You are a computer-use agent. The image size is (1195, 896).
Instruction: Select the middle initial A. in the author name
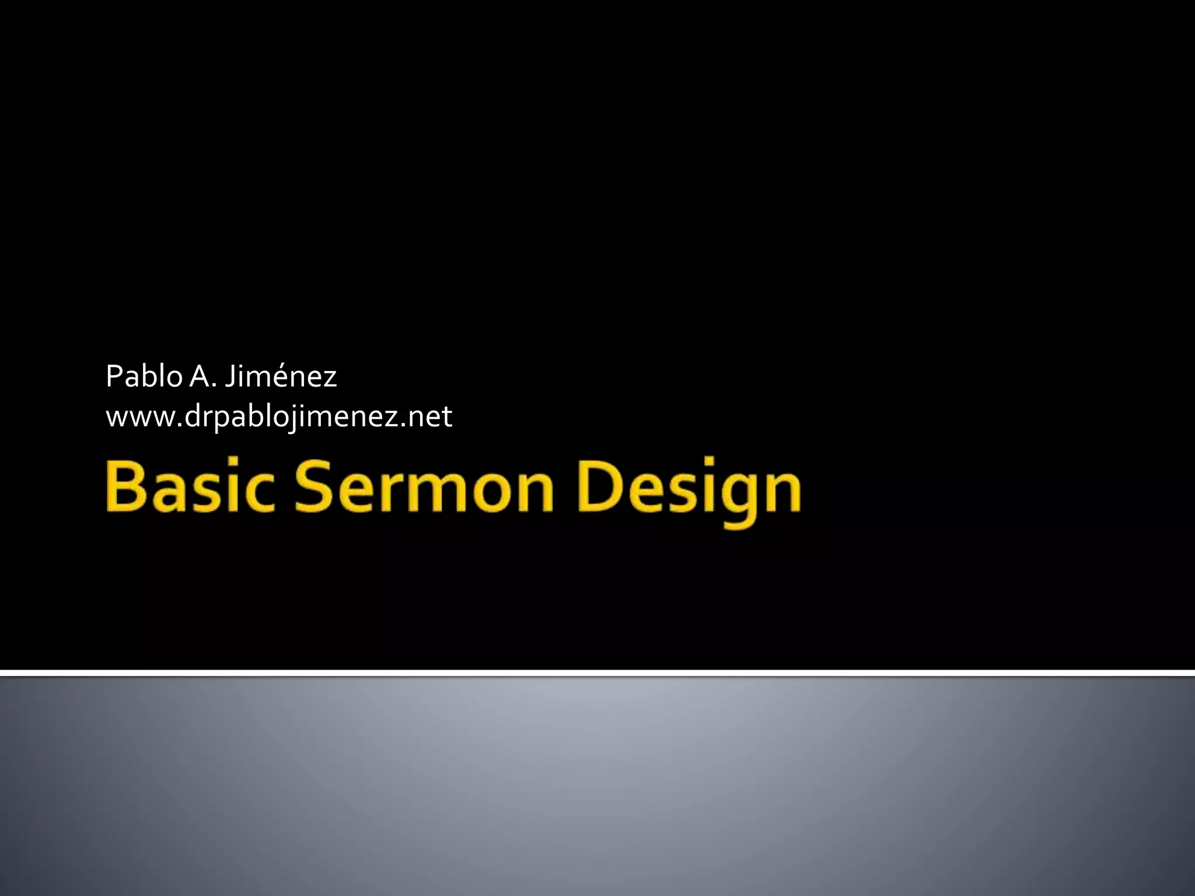coord(203,376)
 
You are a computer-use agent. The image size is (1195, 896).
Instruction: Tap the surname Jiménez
coord(281,376)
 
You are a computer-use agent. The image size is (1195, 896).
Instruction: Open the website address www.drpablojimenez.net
coord(279,416)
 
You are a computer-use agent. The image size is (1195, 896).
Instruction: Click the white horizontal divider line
coord(597,673)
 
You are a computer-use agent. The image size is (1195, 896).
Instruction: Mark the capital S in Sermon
coord(316,485)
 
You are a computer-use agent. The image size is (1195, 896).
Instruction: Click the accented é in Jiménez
coord(281,377)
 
